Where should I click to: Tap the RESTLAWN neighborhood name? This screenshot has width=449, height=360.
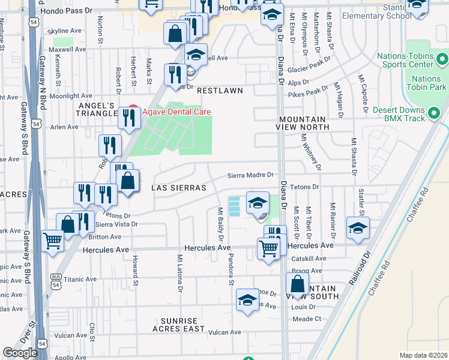(220, 91)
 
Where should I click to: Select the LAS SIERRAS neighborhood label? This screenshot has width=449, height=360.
(179, 188)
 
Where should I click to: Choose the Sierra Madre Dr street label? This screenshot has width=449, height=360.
(250, 175)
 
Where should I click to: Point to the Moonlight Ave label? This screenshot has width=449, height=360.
(70, 95)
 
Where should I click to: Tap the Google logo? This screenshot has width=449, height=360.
(20, 353)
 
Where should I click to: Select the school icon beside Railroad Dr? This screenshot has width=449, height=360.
(358, 229)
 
